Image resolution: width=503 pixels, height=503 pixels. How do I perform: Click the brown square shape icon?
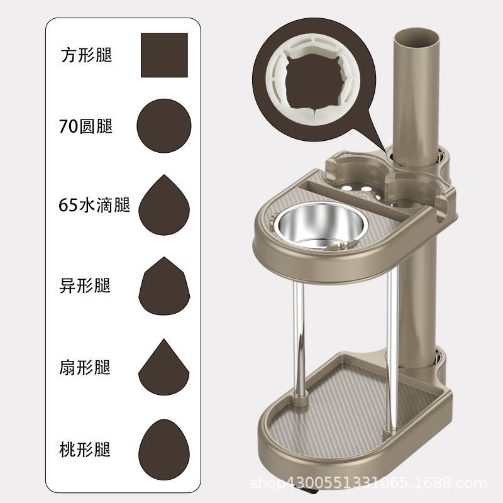pos(164,55)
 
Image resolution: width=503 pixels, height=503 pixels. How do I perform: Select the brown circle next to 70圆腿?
pos(164,126)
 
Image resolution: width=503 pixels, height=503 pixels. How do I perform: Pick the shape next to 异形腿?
pos(164,287)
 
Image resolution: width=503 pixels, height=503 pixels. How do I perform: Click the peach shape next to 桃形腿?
pos(164,448)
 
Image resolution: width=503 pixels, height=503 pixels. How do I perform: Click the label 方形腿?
pos(86,55)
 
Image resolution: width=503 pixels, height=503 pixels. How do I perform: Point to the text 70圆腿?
pos(86,126)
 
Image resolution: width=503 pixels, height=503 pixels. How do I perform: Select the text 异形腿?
pos(86,286)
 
